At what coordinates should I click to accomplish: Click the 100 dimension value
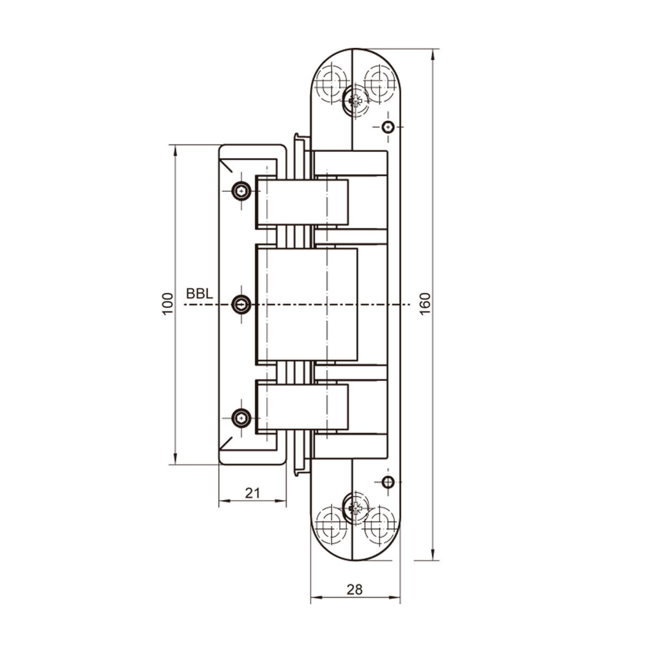pyautogui.click(x=168, y=304)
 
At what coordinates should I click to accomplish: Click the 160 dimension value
pyautogui.click(x=425, y=304)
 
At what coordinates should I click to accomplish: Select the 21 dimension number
pyautogui.click(x=252, y=493)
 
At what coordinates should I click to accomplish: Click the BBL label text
pyautogui.click(x=199, y=294)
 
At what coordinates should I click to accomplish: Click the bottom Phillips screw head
pyautogui.click(x=354, y=509)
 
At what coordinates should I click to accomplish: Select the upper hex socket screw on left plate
pyautogui.click(x=241, y=191)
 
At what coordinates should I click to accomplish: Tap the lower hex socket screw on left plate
pyautogui.click(x=241, y=418)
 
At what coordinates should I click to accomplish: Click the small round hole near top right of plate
pyautogui.click(x=387, y=127)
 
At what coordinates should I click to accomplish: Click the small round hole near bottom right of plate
pyautogui.click(x=387, y=481)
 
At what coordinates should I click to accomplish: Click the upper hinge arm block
pyautogui.click(x=302, y=202)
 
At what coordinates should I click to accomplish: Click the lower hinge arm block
pyautogui.click(x=302, y=407)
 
